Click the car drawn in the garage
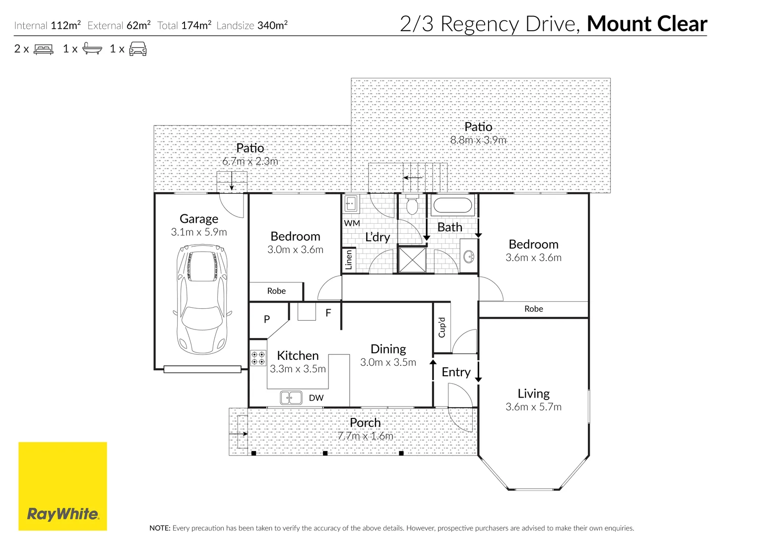[x=202, y=300]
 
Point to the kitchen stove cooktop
[x=258, y=358]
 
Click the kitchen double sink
[x=291, y=398]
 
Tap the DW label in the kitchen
[x=316, y=398]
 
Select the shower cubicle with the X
[x=412, y=260]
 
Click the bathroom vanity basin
[x=468, y=257]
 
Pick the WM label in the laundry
[x=352, y=223]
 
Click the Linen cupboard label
[x=349, y=260]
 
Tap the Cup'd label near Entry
[x=442, y=328]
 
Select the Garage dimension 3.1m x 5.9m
[x=199, y=232]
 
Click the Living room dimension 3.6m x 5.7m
[x=533, y=407]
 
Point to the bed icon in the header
[x=44, y=49]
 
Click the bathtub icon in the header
[x=92, y=49]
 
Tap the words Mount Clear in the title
[x=646, y=24]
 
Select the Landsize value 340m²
[x=272, y=25]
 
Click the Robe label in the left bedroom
[x=276, y=291]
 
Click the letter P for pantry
[x=267, y=319]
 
